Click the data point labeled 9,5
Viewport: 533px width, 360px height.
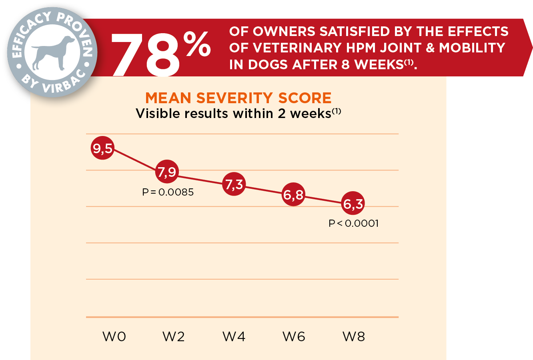coord(103,148)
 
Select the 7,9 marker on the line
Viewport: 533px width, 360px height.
coord(167,172)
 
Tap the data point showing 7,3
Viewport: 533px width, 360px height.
coord(234,184)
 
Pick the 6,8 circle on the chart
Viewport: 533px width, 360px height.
coord(294,195)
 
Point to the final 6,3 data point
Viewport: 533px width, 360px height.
coord(353,204)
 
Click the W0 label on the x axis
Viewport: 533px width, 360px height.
coord(114,337)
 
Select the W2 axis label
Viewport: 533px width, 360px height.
coord(174,337)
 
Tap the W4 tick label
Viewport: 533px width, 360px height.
coord(234,337)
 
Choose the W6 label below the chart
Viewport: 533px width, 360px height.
coord(294,337)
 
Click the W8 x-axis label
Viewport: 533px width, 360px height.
coord(354,337)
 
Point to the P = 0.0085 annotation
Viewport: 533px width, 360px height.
coord(168,192)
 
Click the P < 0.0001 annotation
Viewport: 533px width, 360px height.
coord(354,224)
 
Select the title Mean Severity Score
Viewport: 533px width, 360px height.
coord(238,98)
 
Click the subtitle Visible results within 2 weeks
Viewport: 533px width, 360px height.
coord(238,114)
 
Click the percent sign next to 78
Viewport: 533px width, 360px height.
coord(197,44)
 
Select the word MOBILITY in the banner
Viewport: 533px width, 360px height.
coord(472,48)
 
